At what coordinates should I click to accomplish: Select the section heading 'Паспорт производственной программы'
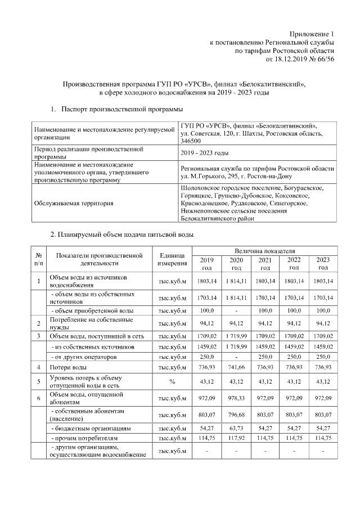[x=122, y=108]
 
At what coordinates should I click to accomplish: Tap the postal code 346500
[x=192, y=141]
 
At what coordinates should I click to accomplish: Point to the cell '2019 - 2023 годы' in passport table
[x=204, y=153]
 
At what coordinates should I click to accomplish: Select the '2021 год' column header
[x=264, y=263]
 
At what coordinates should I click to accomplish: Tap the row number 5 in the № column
[x=39, y=382]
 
